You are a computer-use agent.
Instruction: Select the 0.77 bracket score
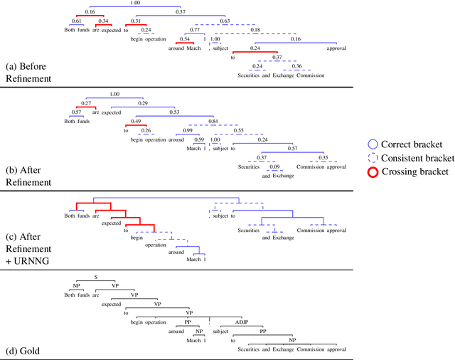[x=194, y=31]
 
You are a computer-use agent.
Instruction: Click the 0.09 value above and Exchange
[x=274, y=166]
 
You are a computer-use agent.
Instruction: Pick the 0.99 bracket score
[x=187, y=131]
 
